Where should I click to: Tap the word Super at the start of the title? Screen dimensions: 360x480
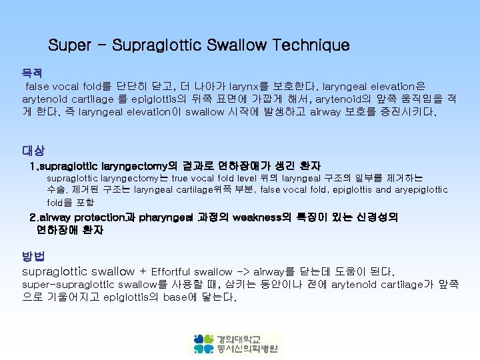coord(70,46)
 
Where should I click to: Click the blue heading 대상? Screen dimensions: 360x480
coord(32,151)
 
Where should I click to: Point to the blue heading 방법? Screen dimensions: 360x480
coord(32,257)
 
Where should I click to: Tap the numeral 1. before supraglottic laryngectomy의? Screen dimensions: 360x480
coord(35,165)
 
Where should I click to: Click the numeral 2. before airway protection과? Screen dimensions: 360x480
coord(35,217)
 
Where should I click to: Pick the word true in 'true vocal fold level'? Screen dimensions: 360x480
coord(179,178)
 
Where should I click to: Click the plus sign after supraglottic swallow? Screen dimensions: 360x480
coord(143,272)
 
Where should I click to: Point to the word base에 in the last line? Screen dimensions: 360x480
coord(179,297)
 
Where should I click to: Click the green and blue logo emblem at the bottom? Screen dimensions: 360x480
coord(204,343)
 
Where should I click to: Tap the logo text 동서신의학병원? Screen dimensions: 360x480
coord(249,349)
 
